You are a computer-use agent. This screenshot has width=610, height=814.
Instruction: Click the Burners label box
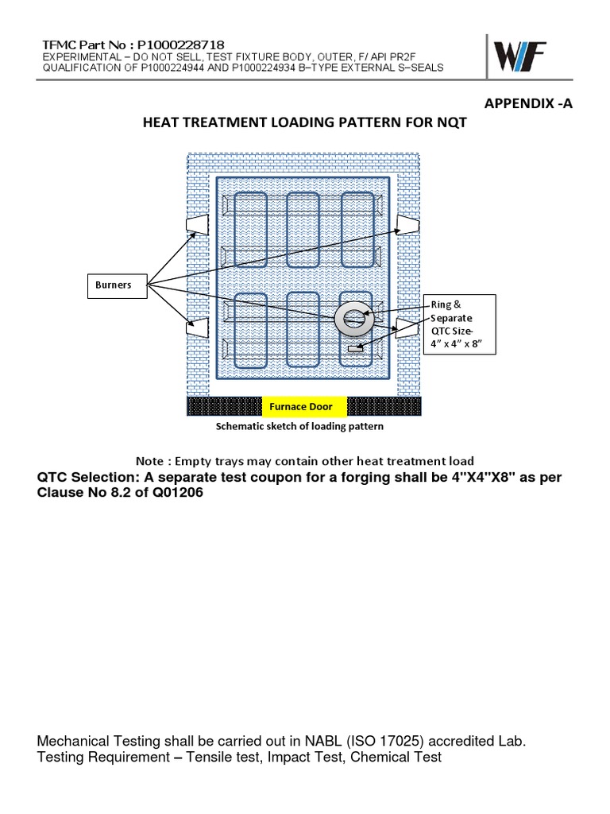[115, 285]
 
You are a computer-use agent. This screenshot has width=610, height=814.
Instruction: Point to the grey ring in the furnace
[353, 318]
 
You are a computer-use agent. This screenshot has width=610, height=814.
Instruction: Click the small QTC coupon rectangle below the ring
[354, 348]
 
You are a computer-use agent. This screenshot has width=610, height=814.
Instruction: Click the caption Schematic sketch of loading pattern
[299, 426]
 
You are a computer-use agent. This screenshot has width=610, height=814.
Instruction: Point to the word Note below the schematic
[151, 461]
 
